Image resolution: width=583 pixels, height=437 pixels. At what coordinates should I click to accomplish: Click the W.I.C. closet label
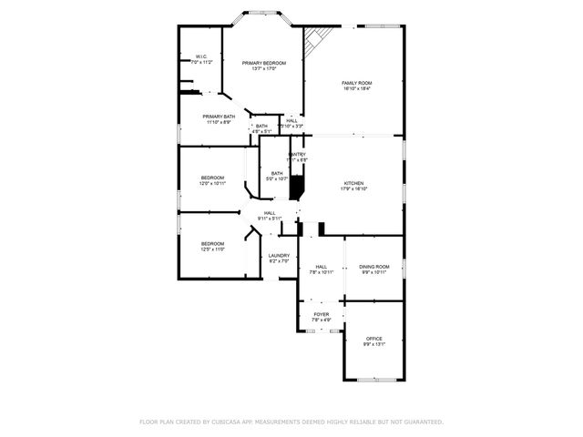(201, 56)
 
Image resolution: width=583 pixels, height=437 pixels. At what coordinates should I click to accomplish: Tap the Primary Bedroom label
(263, 63)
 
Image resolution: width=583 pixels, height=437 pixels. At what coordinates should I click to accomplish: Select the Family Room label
(357, 83)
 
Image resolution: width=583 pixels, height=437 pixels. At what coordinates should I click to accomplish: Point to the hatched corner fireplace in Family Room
(317, 39)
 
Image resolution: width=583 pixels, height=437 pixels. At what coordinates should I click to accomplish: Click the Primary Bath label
(219, 117)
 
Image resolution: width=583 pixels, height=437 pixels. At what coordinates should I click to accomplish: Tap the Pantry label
(297, 155)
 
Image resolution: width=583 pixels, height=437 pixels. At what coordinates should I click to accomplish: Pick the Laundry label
(279, 256)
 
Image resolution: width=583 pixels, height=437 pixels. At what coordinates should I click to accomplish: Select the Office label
(373, 339)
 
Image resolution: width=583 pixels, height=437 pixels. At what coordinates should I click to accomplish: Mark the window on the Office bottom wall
(373, 380)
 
